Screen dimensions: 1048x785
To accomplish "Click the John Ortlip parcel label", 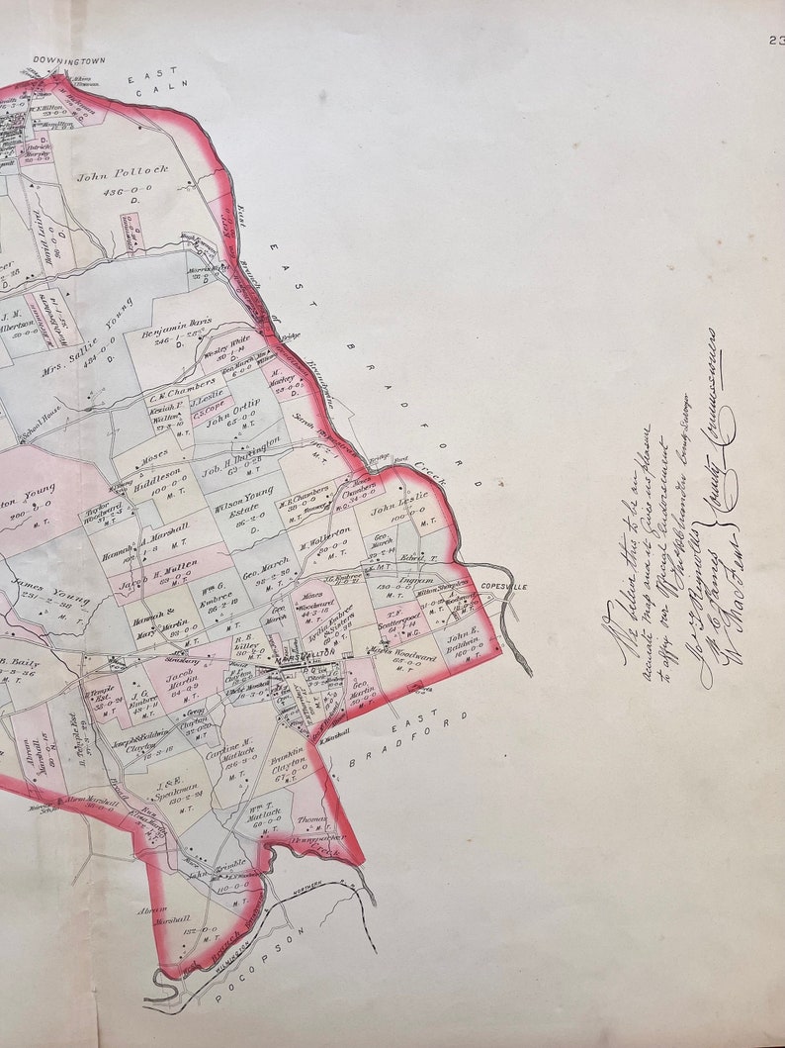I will (x=233, y=416).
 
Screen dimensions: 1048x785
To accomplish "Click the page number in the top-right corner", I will (x=774, y=41).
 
